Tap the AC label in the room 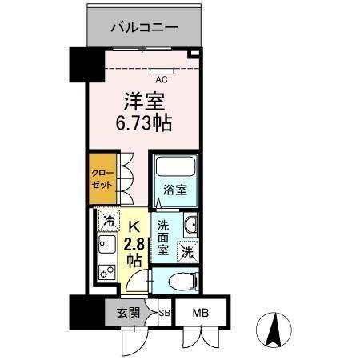[162, 79]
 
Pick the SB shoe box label [164, 314]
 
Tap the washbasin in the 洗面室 [191, 225]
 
